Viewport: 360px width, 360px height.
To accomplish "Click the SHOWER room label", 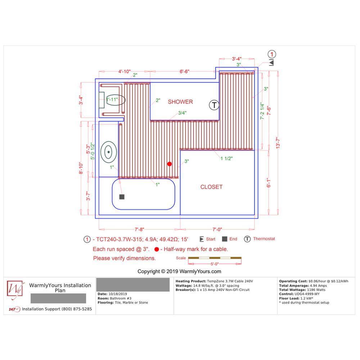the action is (180, 102).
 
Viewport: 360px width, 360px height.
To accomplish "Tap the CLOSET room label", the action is (211, 187).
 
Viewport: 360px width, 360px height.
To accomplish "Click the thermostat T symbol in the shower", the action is (214, 105).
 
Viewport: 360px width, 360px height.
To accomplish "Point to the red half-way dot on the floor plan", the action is (170, 164).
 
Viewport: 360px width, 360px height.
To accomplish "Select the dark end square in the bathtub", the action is (122, 197).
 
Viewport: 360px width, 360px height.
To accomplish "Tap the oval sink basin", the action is (109, 152).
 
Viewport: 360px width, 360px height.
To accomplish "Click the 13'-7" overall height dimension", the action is (278, 143).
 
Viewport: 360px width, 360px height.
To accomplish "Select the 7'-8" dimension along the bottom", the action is (139, 229).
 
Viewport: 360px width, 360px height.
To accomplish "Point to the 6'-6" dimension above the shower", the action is (184, 71).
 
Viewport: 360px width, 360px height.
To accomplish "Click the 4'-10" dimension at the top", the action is (125, 71).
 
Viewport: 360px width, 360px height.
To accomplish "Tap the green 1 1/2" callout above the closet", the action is (226, 158).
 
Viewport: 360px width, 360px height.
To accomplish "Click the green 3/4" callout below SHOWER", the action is (182, 113).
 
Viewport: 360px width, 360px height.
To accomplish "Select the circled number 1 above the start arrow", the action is (272, 54).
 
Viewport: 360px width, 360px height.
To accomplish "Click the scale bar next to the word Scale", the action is (215, 258).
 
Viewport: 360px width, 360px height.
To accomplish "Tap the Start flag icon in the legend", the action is (202, 239).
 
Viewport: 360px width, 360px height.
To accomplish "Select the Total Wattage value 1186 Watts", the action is (316, 290).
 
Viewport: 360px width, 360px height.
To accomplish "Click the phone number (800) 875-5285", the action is (76, 309).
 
